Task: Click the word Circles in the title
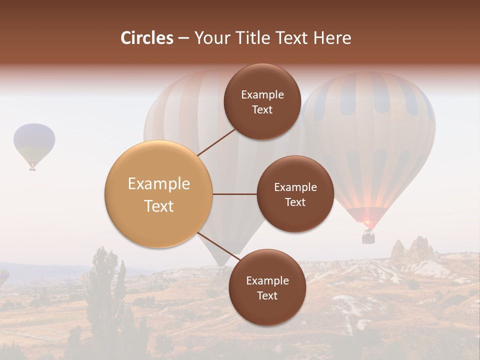(146, 38)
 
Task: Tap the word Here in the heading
(332, 38)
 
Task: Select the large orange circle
(158, 194)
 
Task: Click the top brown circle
(262, 102)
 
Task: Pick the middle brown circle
(295, 194)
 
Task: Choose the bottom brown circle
(267, 287)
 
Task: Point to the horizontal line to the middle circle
(234, 194)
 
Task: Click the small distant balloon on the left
(34, 142)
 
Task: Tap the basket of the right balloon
(368, 237)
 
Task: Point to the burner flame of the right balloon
(367, 221)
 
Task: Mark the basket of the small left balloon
(32, 169)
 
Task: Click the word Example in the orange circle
(158, 183)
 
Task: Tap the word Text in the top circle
(262, 110)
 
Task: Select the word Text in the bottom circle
(267, 295)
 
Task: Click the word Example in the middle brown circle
(295, 187)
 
